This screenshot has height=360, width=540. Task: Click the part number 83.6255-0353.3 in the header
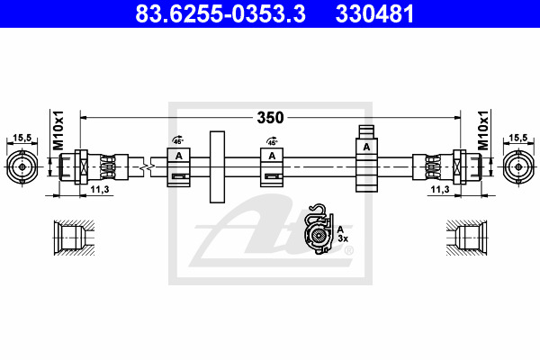click(x=220, y=13)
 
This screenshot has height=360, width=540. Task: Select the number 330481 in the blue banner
click(x=374, y=13)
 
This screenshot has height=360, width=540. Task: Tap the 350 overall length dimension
click(x=270, y=118)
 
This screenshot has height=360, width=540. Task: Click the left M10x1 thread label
click(x=58, y=130)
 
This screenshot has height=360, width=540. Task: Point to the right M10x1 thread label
click(x=483, y=130)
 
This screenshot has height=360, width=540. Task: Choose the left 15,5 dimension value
click(x=22, y=138)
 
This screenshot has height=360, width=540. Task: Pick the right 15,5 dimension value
click(x=518, y=138)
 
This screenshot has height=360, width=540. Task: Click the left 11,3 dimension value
click(x=100, y=190)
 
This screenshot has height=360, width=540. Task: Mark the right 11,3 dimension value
click(x=440, y=190)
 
